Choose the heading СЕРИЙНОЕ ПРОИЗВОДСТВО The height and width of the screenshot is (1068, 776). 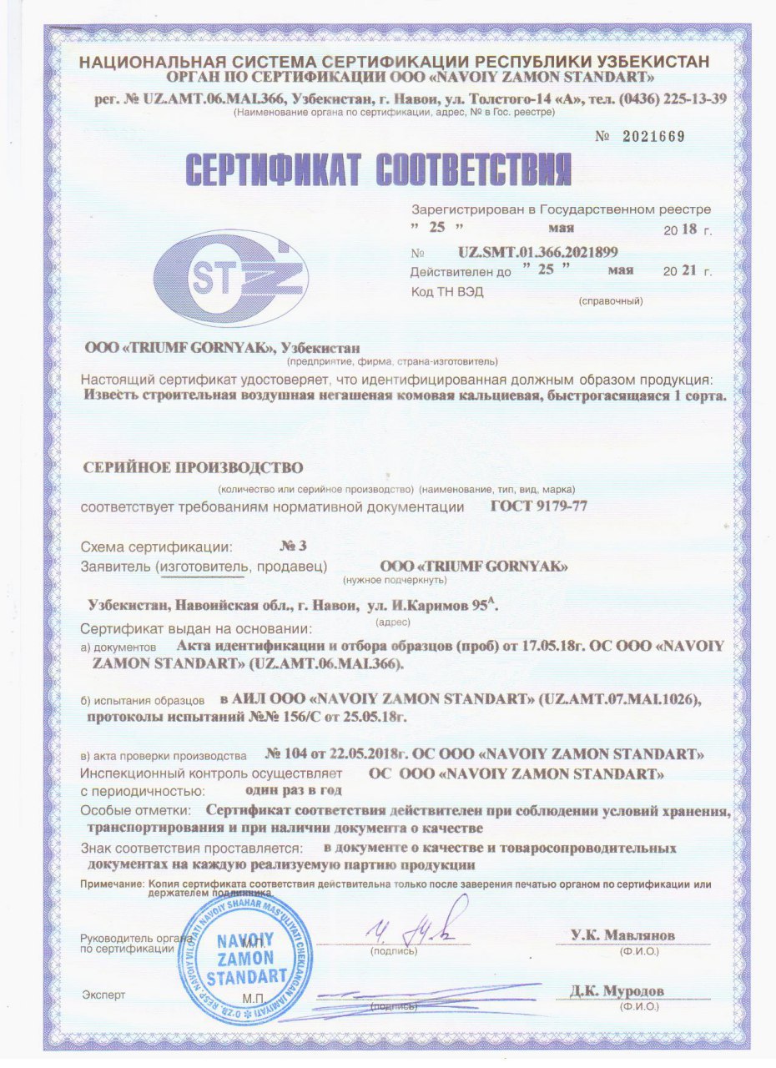[191, 466]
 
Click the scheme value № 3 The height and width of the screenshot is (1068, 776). [293, 547]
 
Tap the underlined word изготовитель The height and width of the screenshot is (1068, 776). [203, 567]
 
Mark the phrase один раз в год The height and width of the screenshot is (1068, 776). [293, 788]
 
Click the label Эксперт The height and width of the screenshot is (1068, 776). [103, 995]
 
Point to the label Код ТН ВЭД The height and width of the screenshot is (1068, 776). [446, 291]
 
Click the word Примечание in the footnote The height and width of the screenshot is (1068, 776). [111, 883]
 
